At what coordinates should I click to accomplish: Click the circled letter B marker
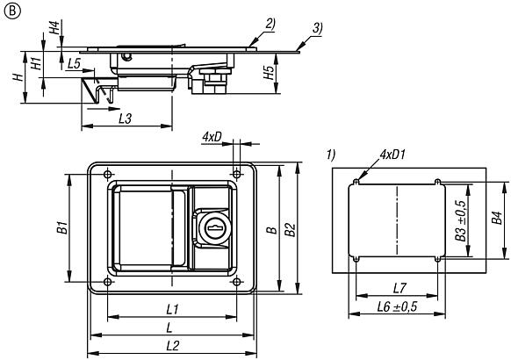pyautogui.click(x=12, y=11)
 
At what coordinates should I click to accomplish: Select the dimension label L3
pyautogui.click(x=126, y=119)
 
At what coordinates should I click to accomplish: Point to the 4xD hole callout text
pyautogui.click(x=212, y=137)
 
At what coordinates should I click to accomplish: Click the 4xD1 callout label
pyautogui.click(x=393, y=155)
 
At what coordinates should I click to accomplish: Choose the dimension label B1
pyautogui.click(x=62, y=227)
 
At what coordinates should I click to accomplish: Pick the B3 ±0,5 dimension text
pyautogui.click(x=460, y=220)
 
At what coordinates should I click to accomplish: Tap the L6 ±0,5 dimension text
pyautogui.click(x=397, y=306)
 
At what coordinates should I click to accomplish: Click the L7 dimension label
pyautogui.click(x=399, y=288)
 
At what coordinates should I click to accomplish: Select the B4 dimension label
pyautogui.click(x=497, y=218)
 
